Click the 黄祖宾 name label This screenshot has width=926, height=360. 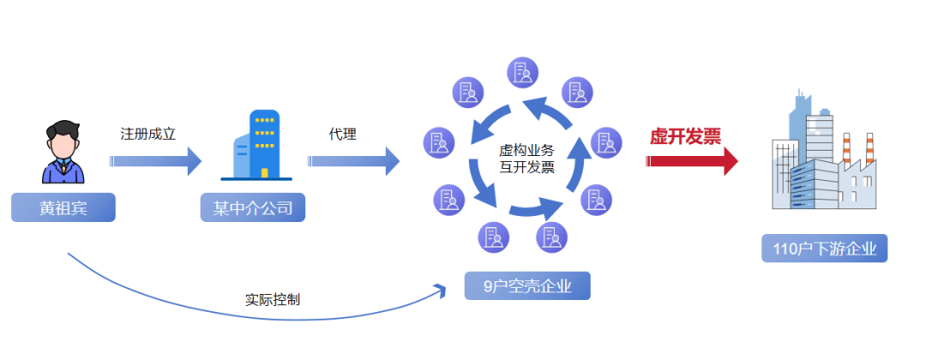point(63,208)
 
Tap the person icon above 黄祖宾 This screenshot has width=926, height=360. point(63,152)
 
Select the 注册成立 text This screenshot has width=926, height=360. point(147,135)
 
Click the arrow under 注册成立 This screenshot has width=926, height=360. point(156,161)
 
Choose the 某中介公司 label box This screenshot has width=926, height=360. point(253,208)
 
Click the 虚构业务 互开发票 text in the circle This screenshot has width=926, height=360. point(527,159)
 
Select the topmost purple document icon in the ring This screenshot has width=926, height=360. point(522,73)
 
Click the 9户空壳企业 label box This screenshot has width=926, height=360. point(527,285)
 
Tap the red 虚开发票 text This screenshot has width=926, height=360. point(685,136)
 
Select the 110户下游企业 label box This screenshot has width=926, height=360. point(824,249)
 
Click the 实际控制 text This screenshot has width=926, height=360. point(272,301)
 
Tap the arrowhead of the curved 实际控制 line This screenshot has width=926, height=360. point(441,288)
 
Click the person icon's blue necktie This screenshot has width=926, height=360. point(63,172)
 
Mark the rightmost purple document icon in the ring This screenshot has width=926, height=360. point(606,140)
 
